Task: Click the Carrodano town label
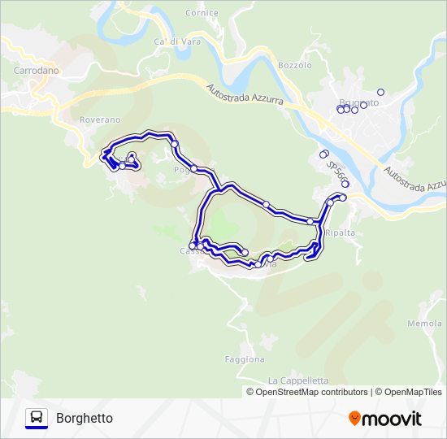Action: [x=37, y=71]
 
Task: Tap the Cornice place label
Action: [x=202, y=13]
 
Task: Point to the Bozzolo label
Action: [x=294, y=64]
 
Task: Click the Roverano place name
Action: [x=100, y=120]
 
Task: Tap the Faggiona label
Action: [x=245, y=359]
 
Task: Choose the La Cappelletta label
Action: [x=297, y=380]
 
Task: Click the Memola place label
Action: [x=425, y=324]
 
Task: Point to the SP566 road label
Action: [x=336, y=169]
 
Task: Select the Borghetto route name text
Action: [x=85, y=418]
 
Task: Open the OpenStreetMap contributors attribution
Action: [x=312, y=392]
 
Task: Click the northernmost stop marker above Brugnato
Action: [x=380, y=92]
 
